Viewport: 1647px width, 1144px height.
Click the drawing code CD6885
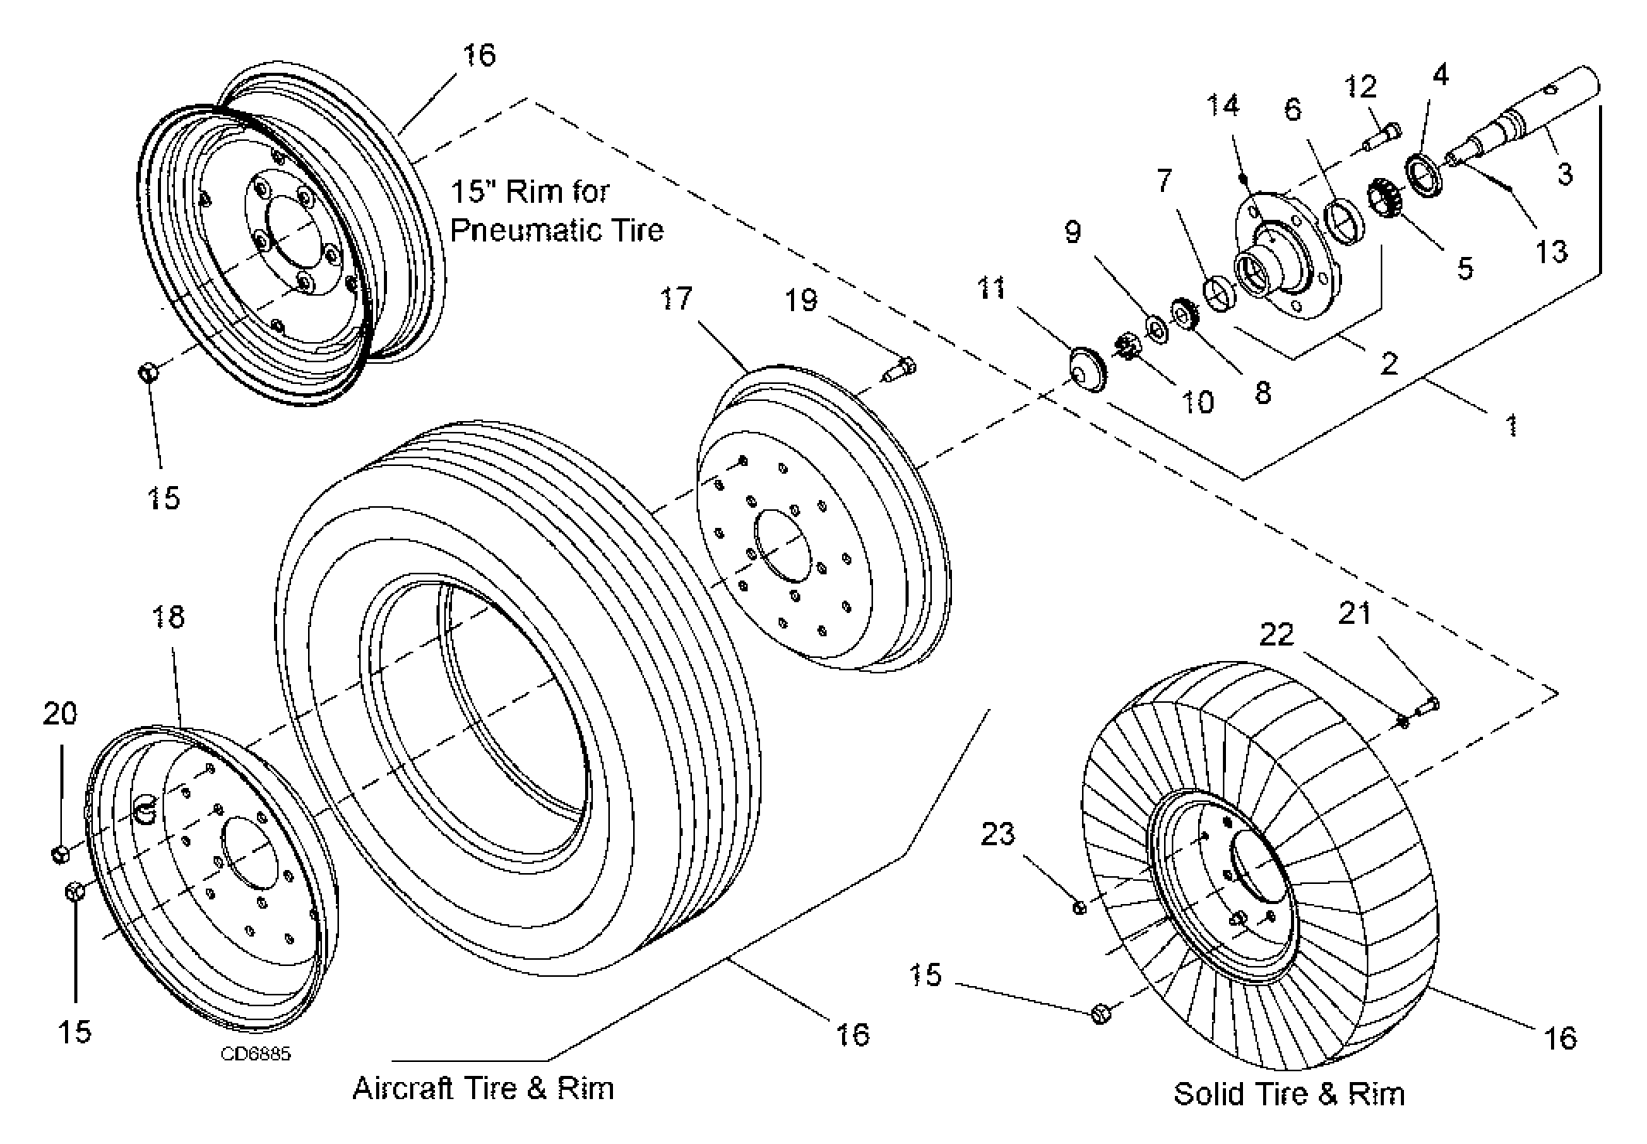(x=255, y=1054)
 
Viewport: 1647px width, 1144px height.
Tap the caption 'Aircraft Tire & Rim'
(x=483, y=1088)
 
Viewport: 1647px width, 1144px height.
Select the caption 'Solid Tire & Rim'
(x=1289, y=1094)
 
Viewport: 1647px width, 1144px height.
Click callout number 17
(x=676, y=298)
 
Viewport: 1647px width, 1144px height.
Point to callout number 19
(x=801, y=300)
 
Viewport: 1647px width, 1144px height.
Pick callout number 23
(x=997, y=834)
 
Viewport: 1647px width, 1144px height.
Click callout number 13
(x=1551, y=251)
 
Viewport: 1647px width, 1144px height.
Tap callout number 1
(x=1512, y=425)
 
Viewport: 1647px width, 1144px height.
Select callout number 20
(x=60, y=712)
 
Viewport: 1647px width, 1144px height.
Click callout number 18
(x=169, y=617)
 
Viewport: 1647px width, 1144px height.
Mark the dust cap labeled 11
(x=1087, y=370)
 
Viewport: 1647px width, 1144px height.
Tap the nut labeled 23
(x=1080, y=906)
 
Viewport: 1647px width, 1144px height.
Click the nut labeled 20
(x=60, y=855)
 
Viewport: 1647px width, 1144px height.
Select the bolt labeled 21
(x=1427, y=706)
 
